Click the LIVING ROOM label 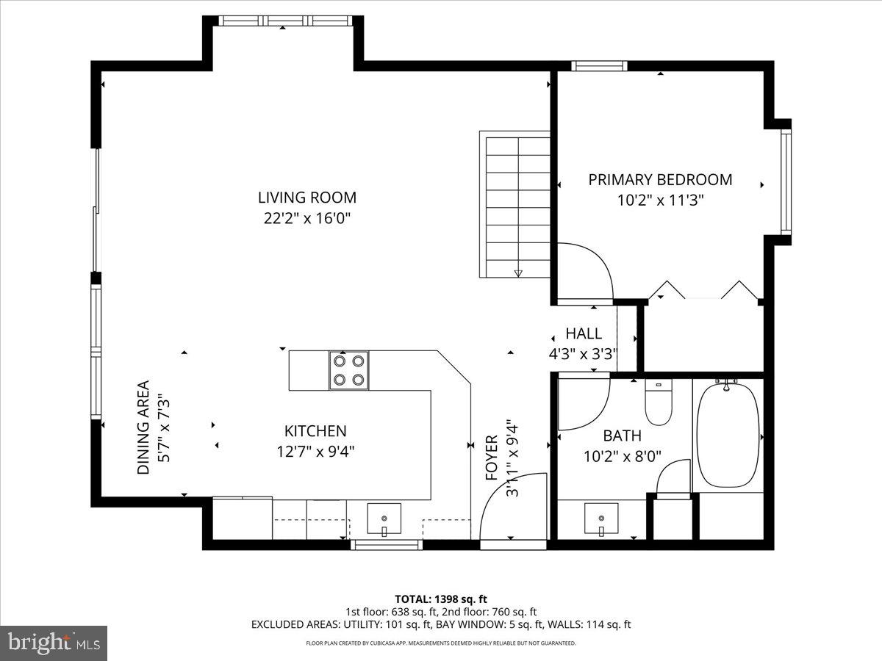(307, 198)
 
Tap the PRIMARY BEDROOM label (660, 180)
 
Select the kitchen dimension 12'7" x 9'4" (315, 452)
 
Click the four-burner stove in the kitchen (348, 370)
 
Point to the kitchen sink (384, 519)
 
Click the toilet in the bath (658, 402)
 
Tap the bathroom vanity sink (600, 519)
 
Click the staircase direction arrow (518, 273)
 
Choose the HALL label (584, 333)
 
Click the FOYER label (492, 458)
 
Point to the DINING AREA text (143, 427)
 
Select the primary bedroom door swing (584, 272)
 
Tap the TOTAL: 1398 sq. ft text (441, 599)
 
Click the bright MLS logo (54, 643)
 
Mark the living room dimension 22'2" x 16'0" (307, 218)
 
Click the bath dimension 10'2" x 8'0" (623, 456)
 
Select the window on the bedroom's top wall (599, 66)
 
